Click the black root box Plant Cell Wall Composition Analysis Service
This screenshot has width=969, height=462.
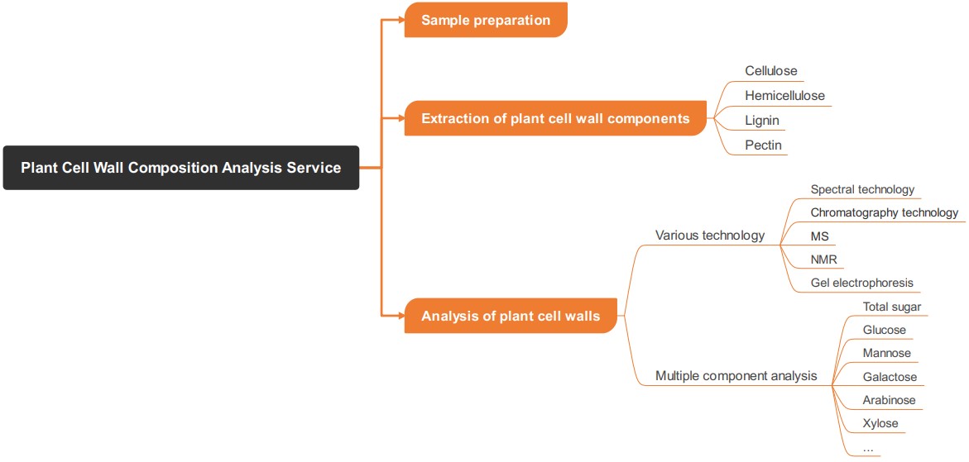pos(180,168)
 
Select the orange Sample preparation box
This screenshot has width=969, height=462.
pos(486,20)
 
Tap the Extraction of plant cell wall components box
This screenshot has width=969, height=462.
pos(555,118)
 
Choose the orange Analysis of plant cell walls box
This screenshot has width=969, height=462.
pos(511,316)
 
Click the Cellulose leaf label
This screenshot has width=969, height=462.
pos(770,71)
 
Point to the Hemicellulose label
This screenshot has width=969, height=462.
pos(784,96)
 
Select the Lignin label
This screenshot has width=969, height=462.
pos(761,121)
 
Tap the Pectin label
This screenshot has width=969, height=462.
pos(762,145)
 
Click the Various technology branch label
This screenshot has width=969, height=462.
pos(709,236)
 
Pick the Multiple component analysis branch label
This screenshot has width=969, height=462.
pos(736,376)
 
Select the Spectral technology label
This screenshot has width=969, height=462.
pos(862,189)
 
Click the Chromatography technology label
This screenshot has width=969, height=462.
pos(884,212)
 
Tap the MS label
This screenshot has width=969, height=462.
pos(819,236)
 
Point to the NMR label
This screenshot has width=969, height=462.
pos(823,260)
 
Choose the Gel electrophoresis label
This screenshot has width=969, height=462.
pos(861,283)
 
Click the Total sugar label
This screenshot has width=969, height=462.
pos(891,307)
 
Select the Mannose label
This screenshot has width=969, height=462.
pos(886,353)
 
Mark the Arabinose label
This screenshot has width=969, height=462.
pos(889,400)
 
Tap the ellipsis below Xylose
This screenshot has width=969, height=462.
pos(867,447)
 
